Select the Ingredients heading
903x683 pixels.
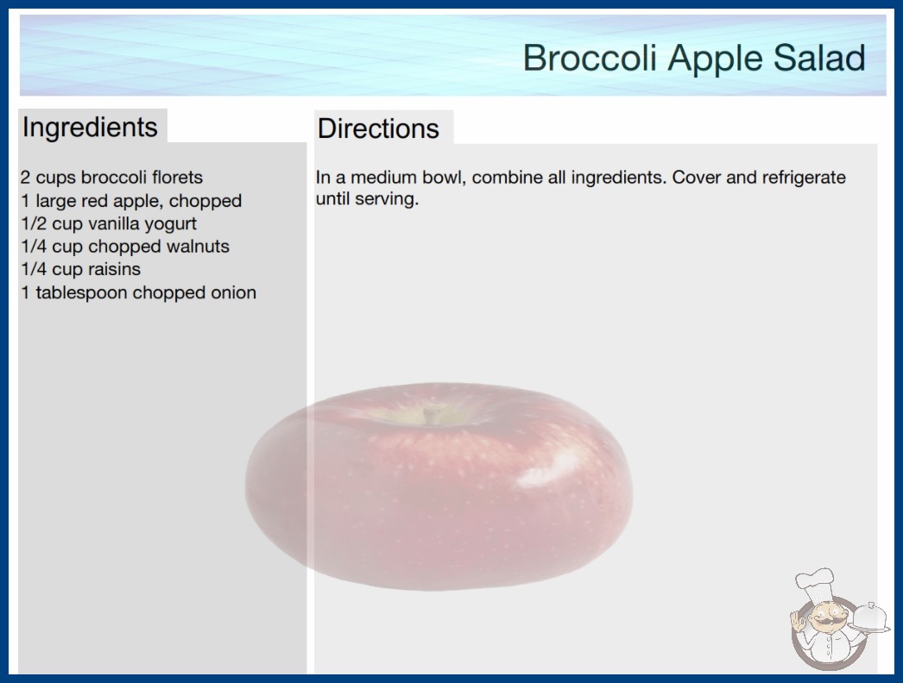(90, 128)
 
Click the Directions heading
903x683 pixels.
(378, 128)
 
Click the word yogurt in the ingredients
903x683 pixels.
(170, 224)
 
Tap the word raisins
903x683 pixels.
(114, 269)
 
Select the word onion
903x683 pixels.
(233, 293)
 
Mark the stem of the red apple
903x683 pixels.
(428, 414)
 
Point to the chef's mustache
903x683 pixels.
(824, 622)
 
